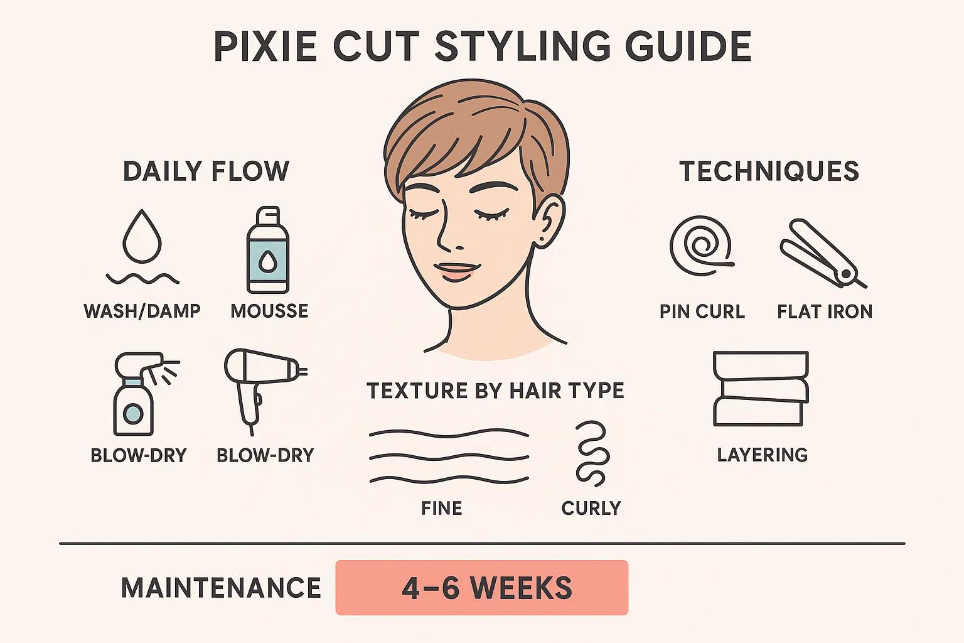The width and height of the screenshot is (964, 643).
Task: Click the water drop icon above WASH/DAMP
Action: (142, 237)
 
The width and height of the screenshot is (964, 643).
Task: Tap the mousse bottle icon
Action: (268, 251)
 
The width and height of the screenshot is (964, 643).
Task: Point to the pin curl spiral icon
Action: (701, 246)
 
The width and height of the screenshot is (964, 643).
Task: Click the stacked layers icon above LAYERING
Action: (761, 389)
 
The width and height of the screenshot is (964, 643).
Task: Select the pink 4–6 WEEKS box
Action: (481, 588)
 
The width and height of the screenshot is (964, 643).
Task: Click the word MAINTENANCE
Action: (221, 588)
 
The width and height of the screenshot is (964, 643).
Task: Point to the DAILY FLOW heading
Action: (206, 171)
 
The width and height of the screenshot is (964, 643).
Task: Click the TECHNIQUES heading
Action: (769, 171)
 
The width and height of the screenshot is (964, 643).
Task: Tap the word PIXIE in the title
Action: (265, 46)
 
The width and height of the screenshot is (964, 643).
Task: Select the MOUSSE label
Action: (269, 311)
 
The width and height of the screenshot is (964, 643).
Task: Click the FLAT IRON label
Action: (824, 311)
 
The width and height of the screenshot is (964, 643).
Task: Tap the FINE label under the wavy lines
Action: (442, 508)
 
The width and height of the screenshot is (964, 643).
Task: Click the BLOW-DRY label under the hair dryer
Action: (265, 455)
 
